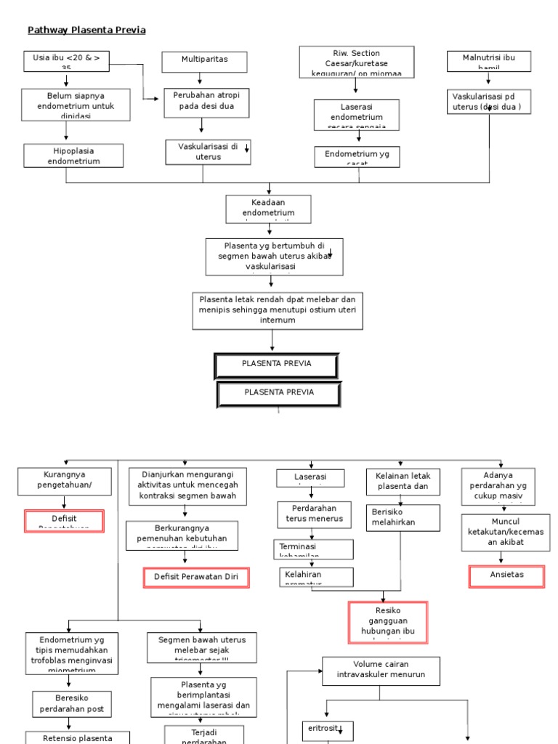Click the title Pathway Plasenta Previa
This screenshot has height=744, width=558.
(86, 30)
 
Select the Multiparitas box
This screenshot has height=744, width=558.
(204, 61)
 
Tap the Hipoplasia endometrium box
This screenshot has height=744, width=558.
(73, 155)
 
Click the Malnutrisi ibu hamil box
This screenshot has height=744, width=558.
(489, 61)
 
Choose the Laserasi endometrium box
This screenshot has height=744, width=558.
(356, 114)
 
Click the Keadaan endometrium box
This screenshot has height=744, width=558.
(269, 208)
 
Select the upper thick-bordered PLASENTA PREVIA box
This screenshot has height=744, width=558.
(277, 366)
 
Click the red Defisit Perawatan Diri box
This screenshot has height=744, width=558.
(196, 578)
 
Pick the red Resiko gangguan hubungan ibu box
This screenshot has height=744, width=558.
(388, 622)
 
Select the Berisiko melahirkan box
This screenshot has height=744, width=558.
(403, 517)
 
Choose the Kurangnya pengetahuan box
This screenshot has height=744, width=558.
(64, 480)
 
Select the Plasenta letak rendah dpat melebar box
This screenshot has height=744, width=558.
(278, 310)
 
